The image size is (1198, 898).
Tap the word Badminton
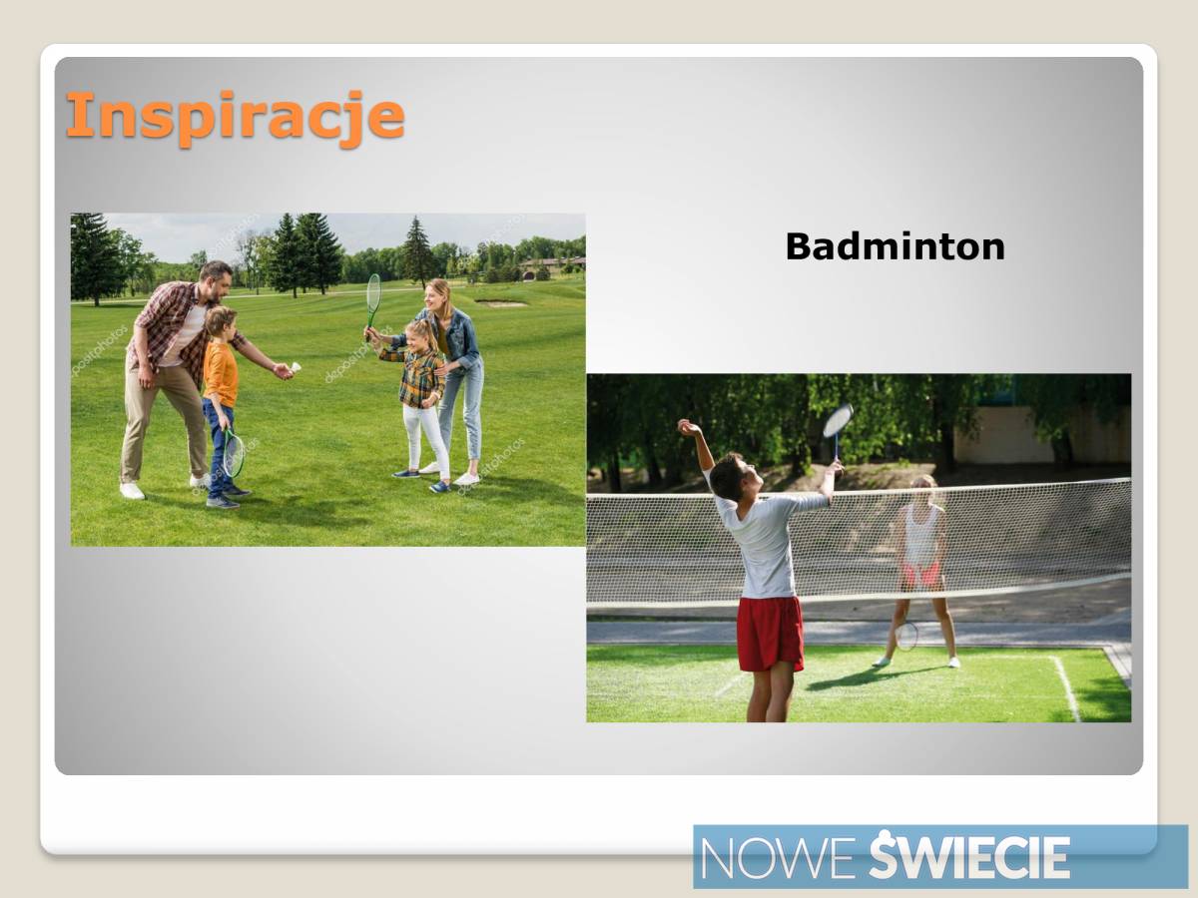896,247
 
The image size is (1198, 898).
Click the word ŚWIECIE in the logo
969,854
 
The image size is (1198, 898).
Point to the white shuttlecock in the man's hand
296,367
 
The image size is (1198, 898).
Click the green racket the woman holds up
372,303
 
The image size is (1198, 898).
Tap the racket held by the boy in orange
233,451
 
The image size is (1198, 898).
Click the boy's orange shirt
221,373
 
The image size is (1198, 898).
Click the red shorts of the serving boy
770,635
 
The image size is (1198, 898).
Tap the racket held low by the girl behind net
906,637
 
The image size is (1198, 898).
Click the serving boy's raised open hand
688,427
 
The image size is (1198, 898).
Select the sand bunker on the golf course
501,302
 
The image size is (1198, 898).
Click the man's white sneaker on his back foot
132,491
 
